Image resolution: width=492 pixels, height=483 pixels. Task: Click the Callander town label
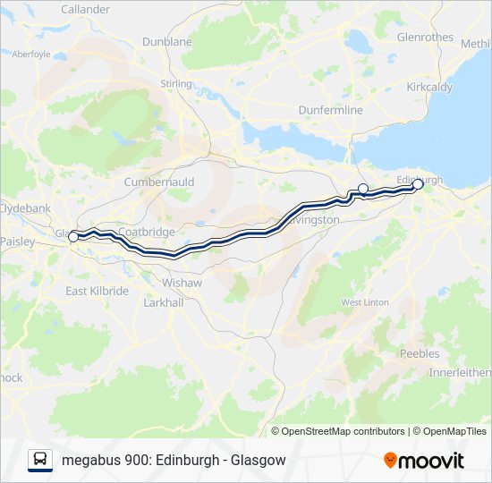point(85,9)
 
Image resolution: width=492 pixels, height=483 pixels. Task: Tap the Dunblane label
point(167,42)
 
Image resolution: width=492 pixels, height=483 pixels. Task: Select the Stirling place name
point(176,84)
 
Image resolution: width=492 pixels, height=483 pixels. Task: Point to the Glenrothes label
point(425,37)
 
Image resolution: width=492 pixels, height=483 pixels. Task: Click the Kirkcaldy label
point(431,88)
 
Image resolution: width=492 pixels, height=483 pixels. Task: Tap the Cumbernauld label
point(159,182)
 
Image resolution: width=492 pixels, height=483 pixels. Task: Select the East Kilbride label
point(98,292)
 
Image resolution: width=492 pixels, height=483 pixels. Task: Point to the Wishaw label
point(182,283)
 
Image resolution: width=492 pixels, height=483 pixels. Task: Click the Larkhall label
point(164,303)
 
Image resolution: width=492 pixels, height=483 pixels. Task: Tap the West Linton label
point(364,302)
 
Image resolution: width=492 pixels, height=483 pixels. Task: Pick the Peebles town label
point(419,354)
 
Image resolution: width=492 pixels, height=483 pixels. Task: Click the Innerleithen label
point(460,372)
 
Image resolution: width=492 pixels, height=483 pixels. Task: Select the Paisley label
point(17,242)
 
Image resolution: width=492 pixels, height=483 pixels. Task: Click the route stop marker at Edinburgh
point(418,184)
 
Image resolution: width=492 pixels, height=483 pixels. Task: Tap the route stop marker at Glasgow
point(73,237)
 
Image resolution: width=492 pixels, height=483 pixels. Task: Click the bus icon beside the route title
point(40,460)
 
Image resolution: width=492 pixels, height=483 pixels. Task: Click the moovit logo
point(424,461)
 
